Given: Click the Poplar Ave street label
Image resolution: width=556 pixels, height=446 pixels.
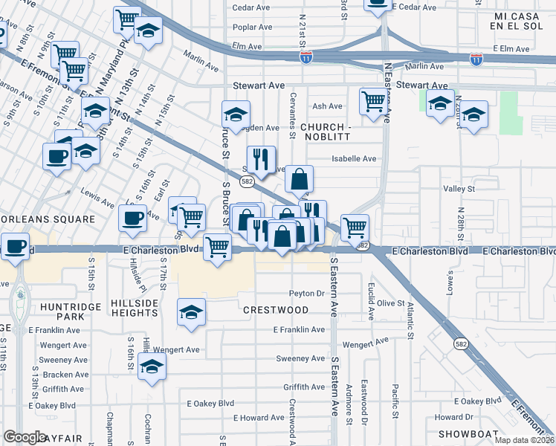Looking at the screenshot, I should (252, 27).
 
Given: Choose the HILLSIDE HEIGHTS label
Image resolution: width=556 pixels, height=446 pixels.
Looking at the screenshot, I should (135, 309).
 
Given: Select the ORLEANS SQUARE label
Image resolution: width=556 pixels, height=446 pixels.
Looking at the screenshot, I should (48, 220).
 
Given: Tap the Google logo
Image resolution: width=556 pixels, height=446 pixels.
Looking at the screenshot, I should (25, 437).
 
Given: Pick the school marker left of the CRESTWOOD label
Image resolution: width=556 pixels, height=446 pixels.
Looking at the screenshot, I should (191, 311).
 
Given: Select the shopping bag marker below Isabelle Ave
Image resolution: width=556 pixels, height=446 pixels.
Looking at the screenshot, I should (299, 179).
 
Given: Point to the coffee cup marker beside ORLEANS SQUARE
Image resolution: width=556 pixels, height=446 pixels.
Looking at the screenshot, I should (132, 218).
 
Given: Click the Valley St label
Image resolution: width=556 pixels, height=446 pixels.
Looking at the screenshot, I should (459, 190).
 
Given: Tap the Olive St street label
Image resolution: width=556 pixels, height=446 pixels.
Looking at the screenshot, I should (390, 303).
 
